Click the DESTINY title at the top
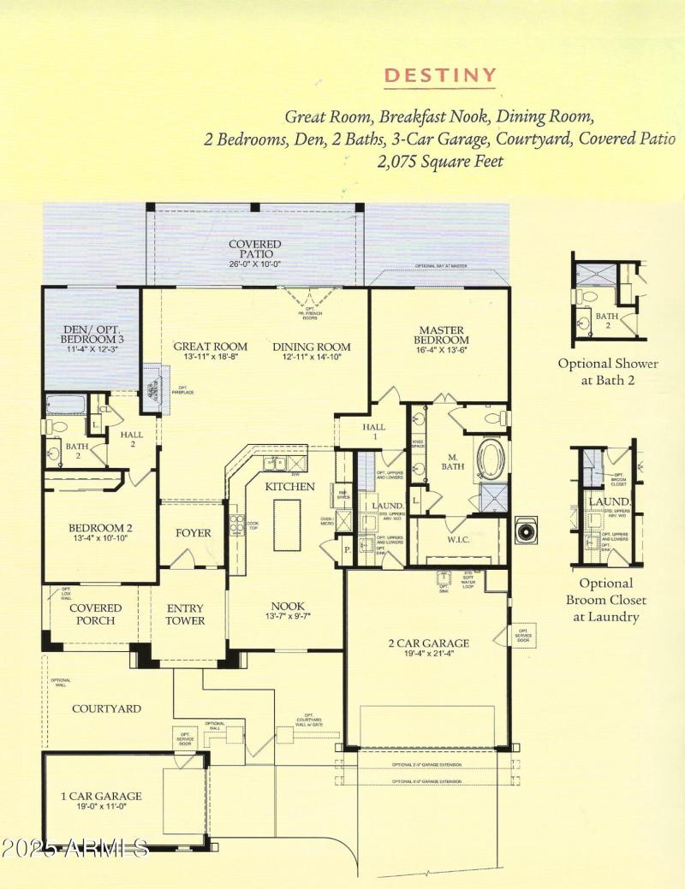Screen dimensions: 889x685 pyautogui.click(x=440, y=75)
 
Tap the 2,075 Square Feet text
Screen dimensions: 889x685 pyautogui.click(x=440, y=160)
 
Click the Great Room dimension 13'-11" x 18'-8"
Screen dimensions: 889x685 pyautogui.click(x=211, y=358)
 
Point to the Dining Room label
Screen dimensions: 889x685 pyautogui.click(x=312, y=347)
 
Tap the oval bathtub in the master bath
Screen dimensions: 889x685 pyautogui.click(x=491, y=459)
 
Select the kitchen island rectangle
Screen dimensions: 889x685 pyautogui.click(x=287, y=524)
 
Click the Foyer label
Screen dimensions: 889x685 pyautogui.click(x=193, y=532)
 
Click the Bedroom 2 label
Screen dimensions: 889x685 pyautogui.click(x=99, y=528)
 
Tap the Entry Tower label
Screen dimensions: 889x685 pyautogui.click(x=185, y=613)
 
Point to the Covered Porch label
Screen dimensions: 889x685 pyautogui.click(x=95, y=613)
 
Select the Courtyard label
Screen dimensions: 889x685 pyautogui.click(x=106, y=708)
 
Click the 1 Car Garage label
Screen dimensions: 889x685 pyautogui.click(x=101, y=796)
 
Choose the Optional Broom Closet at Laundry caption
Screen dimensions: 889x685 pyautogui.click(x=611, y=600)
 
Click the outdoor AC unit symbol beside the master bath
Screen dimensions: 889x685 pyautogui.click(x=525, y=531)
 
